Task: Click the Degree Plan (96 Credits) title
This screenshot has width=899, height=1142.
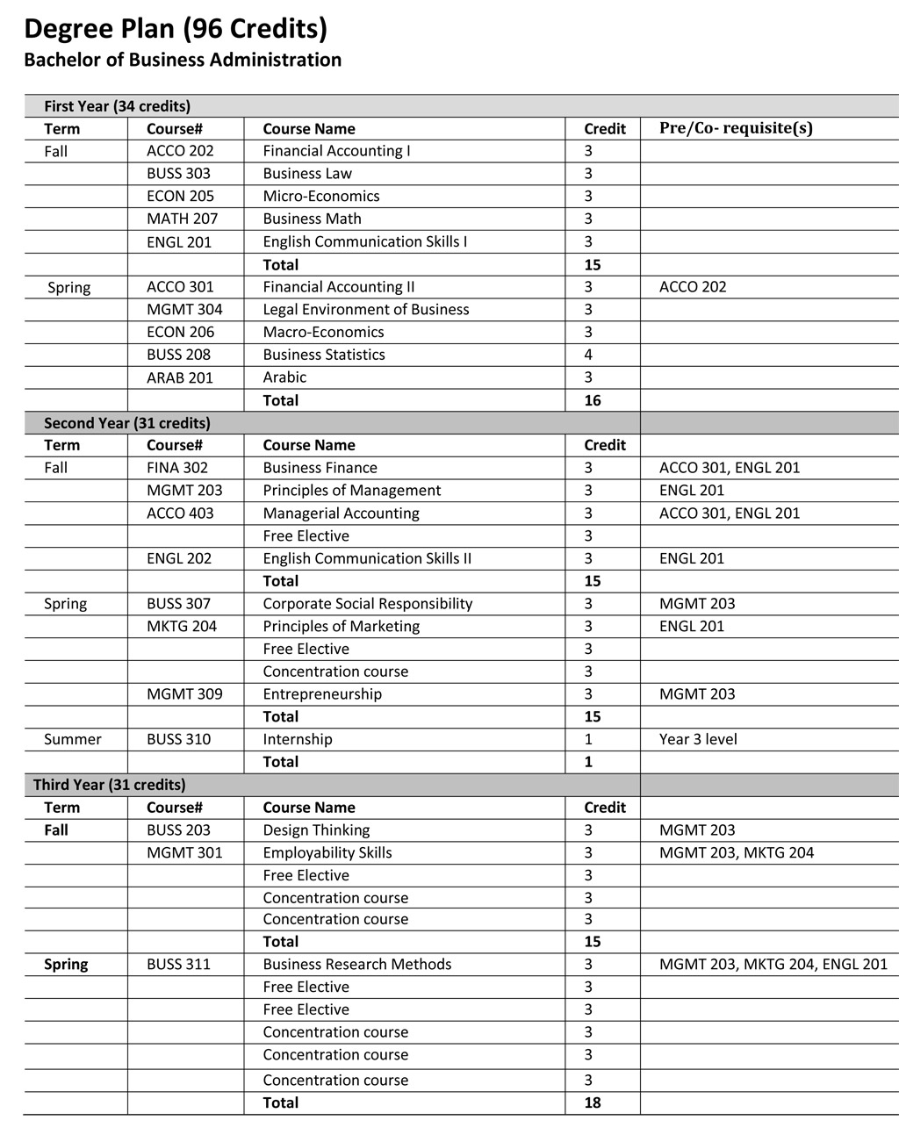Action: coord(176,29)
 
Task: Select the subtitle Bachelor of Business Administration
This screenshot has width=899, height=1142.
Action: coord(183,60)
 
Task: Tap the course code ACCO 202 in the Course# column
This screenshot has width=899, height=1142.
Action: coord(180,151)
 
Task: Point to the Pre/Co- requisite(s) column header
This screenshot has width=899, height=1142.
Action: coord(736,128)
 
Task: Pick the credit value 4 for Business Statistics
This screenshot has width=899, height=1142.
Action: coord(588,355)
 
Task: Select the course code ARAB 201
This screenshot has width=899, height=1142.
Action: coord(180,377)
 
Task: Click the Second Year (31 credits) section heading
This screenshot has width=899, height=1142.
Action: coord(127,423)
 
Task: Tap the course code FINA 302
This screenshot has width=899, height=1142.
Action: coord(177,468)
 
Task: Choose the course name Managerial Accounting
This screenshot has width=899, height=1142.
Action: coord(341,514)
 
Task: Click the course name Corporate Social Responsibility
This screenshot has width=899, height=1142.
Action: coord(367,604)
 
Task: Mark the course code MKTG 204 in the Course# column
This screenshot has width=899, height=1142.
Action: coord(182,627)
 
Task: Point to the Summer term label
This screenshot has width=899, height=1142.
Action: coord(73,739)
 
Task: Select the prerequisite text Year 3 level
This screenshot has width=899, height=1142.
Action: coord(698,739)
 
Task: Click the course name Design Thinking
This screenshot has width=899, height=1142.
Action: coord(316,830)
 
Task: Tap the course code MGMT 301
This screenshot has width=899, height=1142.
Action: coord(184,853)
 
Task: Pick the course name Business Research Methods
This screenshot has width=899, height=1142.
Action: coord(356,965)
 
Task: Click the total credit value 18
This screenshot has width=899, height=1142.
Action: coord(593,1102)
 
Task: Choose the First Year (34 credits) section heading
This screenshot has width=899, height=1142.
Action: coord(117,106)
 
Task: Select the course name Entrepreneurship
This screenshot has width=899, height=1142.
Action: coord(322,694)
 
